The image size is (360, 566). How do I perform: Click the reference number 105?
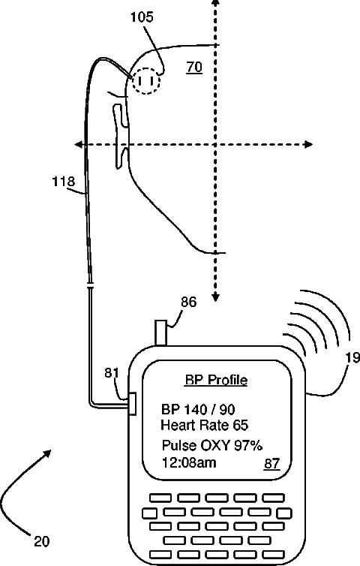point(142,17)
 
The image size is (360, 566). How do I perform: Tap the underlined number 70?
point(194,67)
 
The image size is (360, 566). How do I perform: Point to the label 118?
point(64,181)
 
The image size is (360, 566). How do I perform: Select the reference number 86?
point(189,302)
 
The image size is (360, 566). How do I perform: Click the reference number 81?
point(112,372)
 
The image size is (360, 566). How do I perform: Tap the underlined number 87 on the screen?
point(272,463)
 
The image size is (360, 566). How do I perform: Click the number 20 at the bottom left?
point(41,541)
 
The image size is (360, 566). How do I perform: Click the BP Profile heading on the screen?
point(216,380)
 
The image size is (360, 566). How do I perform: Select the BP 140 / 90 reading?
point(198,410)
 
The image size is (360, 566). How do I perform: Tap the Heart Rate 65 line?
point(204,425)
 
